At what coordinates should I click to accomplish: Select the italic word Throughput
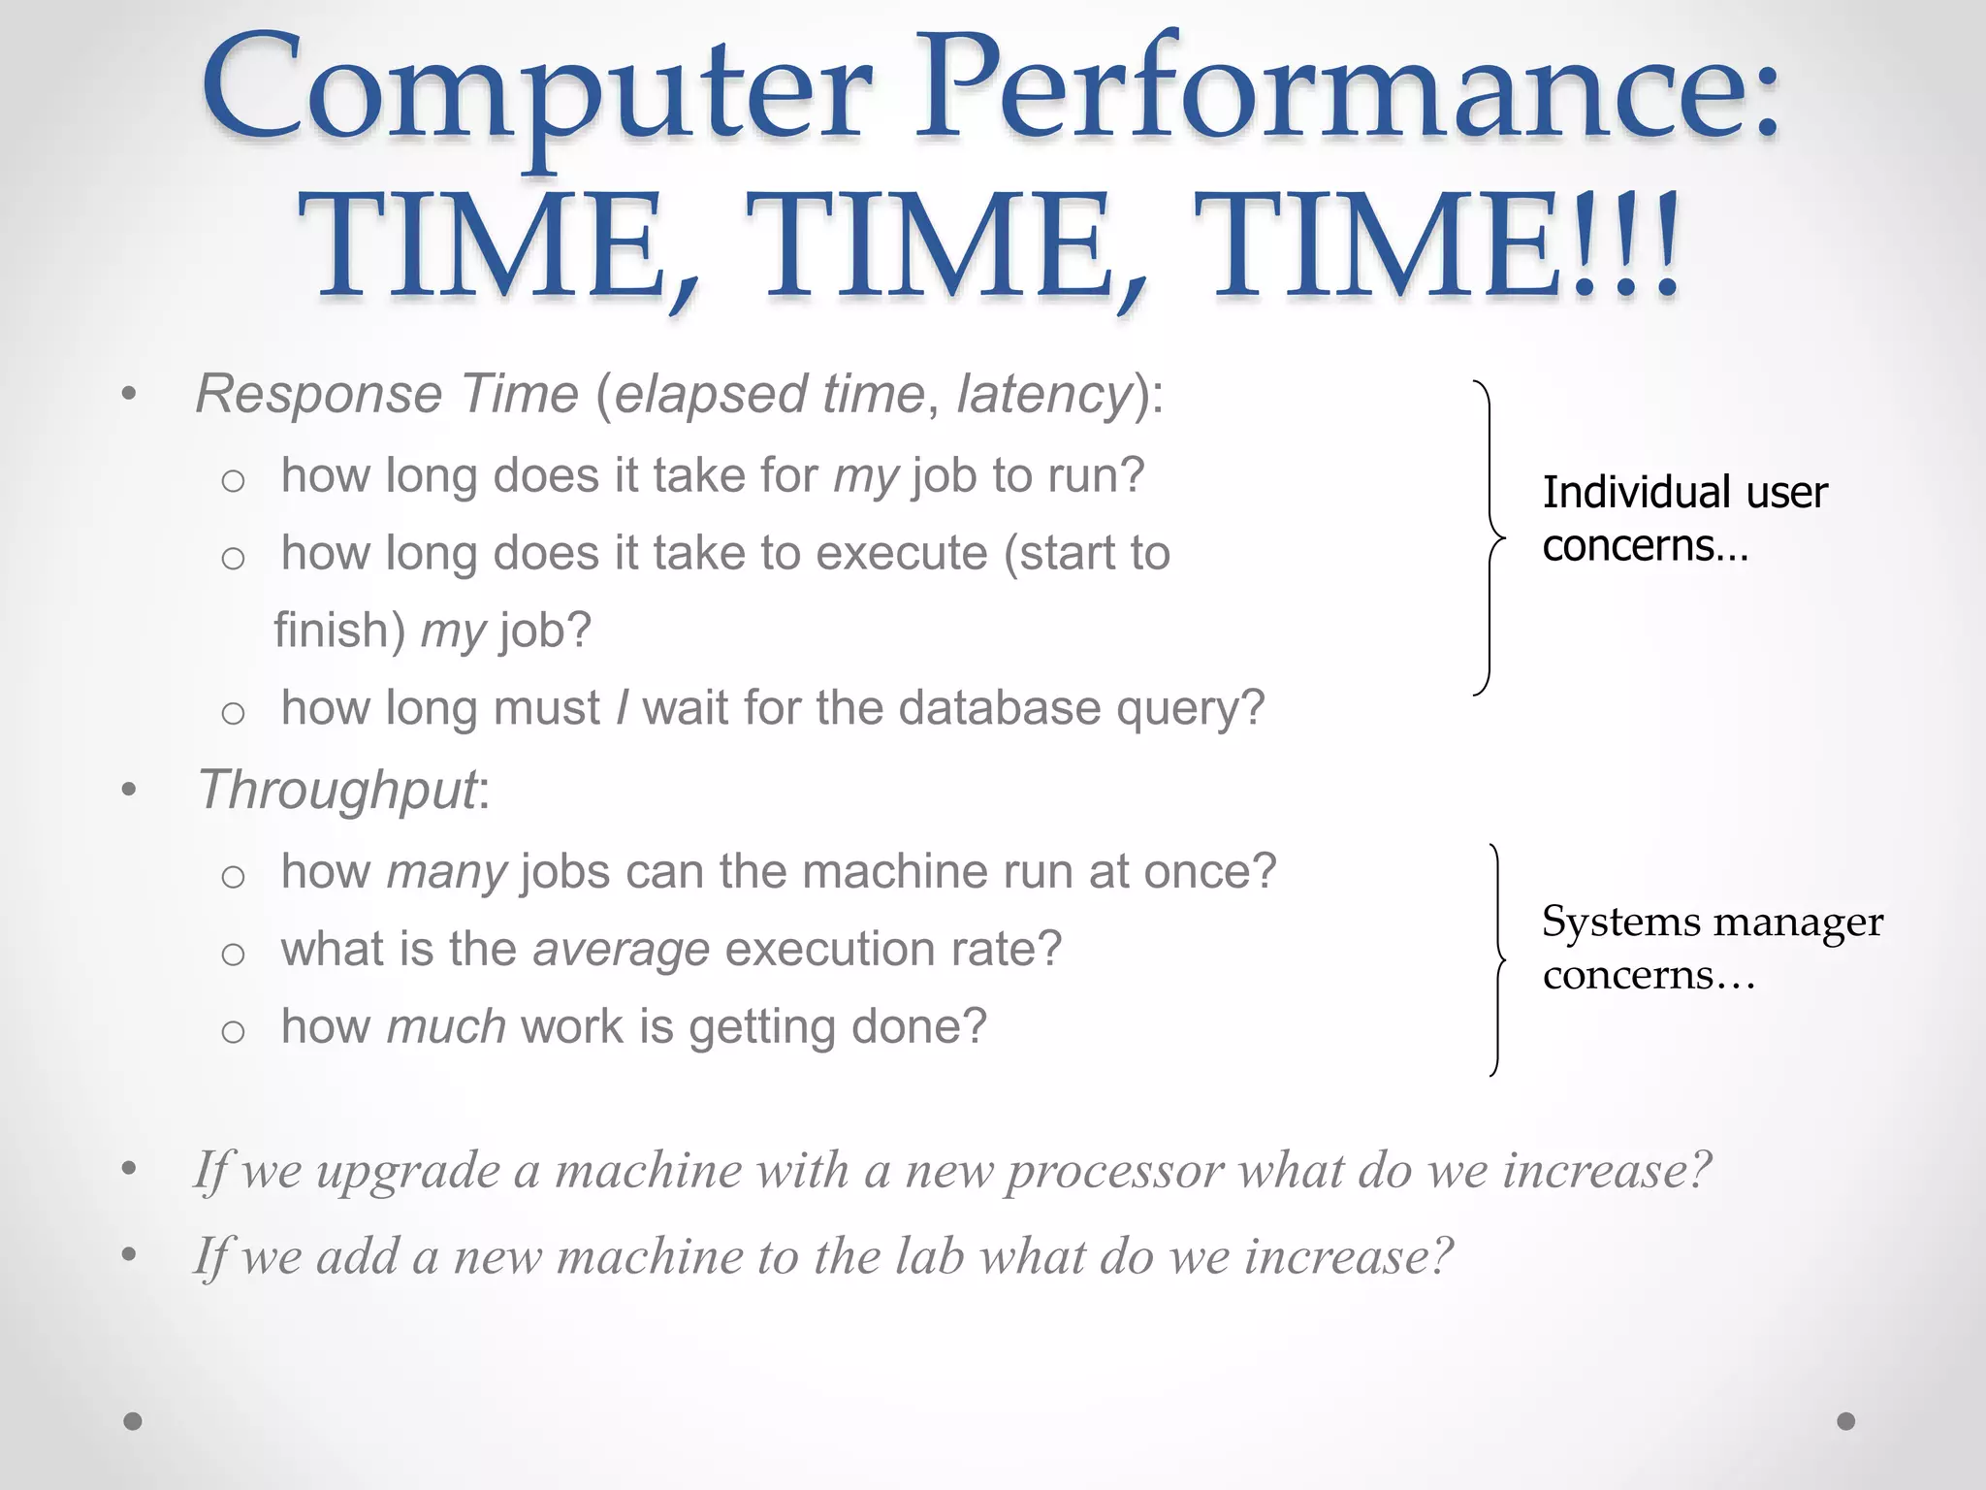336,790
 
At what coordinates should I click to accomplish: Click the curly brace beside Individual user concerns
1489,537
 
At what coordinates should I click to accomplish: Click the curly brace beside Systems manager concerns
1497,960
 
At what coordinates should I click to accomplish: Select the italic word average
621,950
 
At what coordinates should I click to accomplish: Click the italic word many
446,872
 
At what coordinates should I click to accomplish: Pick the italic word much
446,1027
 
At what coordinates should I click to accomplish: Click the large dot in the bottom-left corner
133,1421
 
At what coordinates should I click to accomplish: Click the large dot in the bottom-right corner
1846,1421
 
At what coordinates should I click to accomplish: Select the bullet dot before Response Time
129,395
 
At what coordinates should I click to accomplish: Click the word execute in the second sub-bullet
902,554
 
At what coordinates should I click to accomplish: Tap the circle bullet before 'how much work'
233,1031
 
